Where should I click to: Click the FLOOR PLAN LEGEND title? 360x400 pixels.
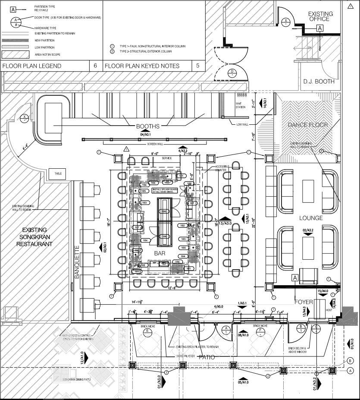32,66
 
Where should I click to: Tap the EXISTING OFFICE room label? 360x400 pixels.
320,16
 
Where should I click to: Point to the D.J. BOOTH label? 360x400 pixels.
319,82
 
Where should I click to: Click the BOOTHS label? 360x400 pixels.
148,126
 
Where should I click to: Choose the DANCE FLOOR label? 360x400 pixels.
308,125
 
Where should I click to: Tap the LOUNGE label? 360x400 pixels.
311,218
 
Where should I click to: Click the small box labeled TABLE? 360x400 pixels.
58,173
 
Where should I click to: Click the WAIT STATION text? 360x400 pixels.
240,105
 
